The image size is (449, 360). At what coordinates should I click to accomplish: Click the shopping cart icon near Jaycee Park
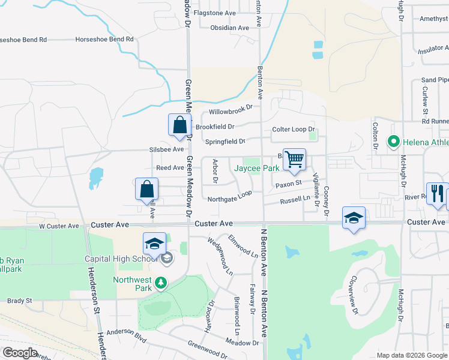tap(294, 160)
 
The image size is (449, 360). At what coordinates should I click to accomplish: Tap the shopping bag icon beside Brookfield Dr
tap(179, 125)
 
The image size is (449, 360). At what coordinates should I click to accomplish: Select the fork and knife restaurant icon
tap(437, 194)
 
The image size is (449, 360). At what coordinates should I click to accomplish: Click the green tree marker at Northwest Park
tap(160, 282)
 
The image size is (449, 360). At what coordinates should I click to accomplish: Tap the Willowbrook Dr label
tap(231, 112)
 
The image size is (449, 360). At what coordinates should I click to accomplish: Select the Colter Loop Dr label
tap(294, 129)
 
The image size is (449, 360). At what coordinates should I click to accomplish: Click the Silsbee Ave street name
tap(166, 149)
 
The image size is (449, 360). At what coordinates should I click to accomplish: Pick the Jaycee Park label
tap(256, 169)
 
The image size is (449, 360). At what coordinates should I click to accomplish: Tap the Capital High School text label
tap(118, 259)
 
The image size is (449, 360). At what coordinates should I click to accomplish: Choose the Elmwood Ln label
tap(243, 246)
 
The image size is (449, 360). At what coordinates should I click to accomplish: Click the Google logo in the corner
tap(20, 353)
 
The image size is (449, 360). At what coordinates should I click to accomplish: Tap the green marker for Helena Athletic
tap(394, 142)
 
